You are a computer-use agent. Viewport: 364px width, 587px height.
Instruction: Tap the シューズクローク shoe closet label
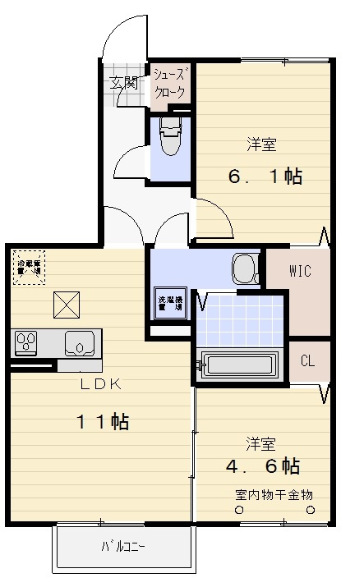(170, 84)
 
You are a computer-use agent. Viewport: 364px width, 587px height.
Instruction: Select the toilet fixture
(170, 135)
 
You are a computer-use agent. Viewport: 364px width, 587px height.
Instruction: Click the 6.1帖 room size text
(265, 177)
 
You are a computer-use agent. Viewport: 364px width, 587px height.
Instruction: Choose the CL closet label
(307, 360)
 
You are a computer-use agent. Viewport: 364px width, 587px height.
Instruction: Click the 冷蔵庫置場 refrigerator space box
(30, 268)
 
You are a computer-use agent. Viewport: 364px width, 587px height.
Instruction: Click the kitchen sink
(81, 342)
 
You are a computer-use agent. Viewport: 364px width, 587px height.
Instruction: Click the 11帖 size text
(103, 423)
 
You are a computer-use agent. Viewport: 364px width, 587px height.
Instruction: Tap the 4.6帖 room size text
(262, 466)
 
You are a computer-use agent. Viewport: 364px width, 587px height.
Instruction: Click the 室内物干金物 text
(274, 494)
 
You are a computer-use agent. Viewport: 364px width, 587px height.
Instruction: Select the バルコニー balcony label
(127, 547)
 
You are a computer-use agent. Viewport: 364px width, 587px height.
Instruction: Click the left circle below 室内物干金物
(239, 510)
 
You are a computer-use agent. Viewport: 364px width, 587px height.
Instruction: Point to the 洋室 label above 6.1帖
(262, 145)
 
